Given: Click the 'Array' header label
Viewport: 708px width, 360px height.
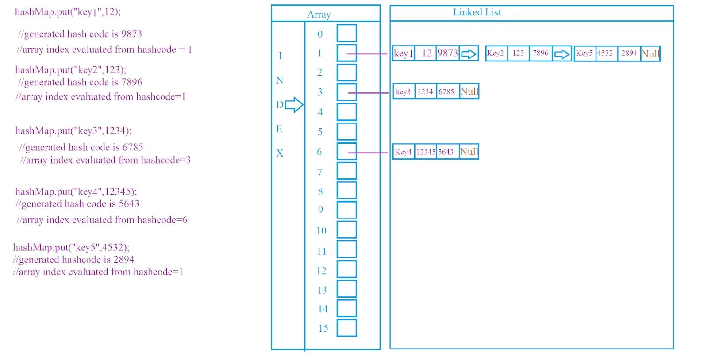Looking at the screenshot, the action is pyautogui.click(x=319, y=15).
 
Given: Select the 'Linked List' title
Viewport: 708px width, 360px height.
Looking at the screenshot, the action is pyautogui.click(x=477, y=12).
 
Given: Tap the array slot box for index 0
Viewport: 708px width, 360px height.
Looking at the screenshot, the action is pyautogui.click(x=346, y=33).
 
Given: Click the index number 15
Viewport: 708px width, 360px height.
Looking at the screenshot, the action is pyautogui.click(x=323, y=328).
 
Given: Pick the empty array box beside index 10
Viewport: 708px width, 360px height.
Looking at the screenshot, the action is pyautogui.click(x=346, y=230).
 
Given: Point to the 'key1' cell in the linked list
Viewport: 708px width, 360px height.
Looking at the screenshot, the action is pyautogui.click(x=403, y=54).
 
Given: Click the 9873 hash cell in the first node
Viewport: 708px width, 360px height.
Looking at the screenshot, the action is pyautogui.click(x=447, y=54).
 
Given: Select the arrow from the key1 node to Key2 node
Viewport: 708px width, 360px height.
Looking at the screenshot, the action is pyautogui.click(x=469, y=54).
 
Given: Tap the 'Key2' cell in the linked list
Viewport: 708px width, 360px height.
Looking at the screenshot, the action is pyautogui.click(x=496, y=54).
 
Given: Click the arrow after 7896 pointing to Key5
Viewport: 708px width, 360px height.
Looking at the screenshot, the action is pyautogui.click(x=562, y=54).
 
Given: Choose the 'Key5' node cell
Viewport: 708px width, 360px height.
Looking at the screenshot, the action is pyautogui.click(x=584, y=54).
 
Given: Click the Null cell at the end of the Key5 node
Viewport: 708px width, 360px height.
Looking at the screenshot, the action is pyautogui.click(x=650, y=54).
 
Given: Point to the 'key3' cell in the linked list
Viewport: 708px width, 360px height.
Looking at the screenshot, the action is pyautogui.click(x=403, y=92).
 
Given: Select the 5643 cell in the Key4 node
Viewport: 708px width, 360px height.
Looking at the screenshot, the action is pyautogui.click(x=446, y=152).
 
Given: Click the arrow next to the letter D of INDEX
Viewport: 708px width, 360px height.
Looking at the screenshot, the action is pyautogui.click(x=294, y=105).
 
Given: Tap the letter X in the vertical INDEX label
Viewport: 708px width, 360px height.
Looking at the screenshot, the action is pyautogui.click(x=280, y=153).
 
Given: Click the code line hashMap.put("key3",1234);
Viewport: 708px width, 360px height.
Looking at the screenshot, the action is pyautogui.click(x=73, y=131).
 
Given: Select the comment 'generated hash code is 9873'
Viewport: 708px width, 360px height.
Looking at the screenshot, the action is pyautogui.click(x=80, y=34).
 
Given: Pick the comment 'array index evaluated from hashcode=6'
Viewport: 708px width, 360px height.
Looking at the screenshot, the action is pyautogui.click(x=102, y=220).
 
